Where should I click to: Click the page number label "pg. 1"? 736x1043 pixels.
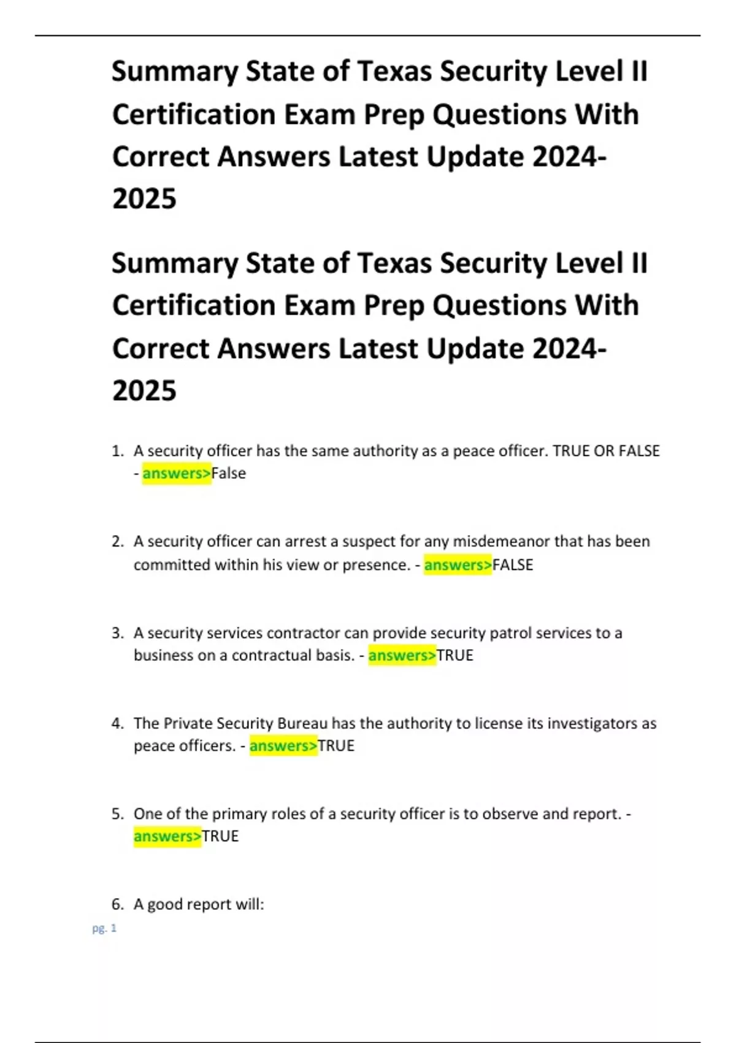pyautogui.click(x=104, y=928)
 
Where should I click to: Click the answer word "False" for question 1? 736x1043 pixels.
pyautogui.click(x=229, y=473)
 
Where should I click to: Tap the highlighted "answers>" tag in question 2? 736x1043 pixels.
pyautogui.click(x=458, y=564)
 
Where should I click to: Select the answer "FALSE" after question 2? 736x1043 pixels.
pyautogui.click(x=513, y=564)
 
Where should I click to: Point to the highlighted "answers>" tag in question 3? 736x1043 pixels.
pyautogui.click(x=402, y=655)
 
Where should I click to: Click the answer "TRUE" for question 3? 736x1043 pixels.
pyautogui.click(x=455, y=655)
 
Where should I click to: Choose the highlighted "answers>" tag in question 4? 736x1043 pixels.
pyautogui.click(x=283, y=745)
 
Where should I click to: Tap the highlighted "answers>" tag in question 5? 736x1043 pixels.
pyautogui.click(x=167, y=836)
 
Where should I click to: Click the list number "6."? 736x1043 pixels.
pyautogui.click(x=118, y=904)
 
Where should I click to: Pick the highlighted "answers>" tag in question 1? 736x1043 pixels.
pyautogui.click(x=177, y=473)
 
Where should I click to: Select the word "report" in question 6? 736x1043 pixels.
pyautogui.click(x=209, y=904)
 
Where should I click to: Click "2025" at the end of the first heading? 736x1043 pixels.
pyautogui.click(x=144, y=198)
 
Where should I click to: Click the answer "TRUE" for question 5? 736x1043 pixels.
pyautogui.click(x=220, y=836)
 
